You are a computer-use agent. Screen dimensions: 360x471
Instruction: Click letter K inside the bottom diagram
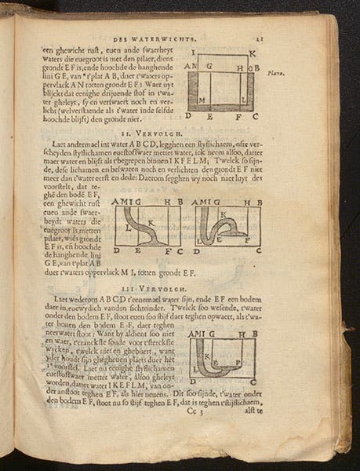click(207, 357)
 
